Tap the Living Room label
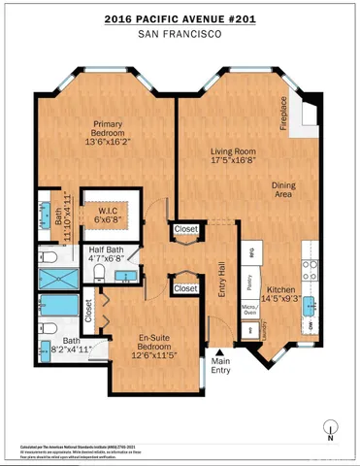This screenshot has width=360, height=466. pyautogui.click(x=233, y=152)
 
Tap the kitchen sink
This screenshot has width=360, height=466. pyautogui.click(x=311, y=309)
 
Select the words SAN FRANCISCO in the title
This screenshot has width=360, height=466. pyautogui.click(x=180, y=34)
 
